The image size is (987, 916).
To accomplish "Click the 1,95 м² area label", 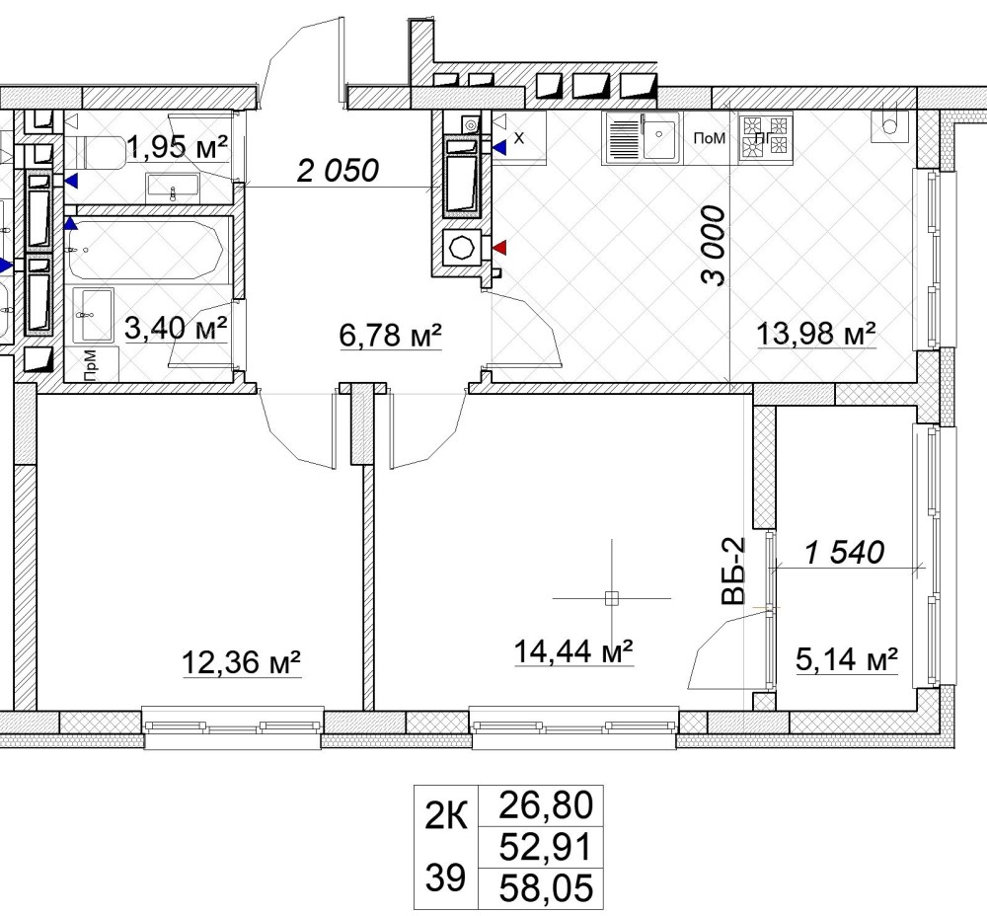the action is click(178, 148).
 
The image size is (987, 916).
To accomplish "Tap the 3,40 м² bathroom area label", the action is click(177, 328).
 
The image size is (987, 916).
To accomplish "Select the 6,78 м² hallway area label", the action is click(390, 335).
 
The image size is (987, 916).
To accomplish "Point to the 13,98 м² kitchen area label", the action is click(816, 333).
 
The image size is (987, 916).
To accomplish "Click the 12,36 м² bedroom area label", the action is click(241, 662).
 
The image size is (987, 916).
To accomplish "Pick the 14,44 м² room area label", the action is click(573, 650).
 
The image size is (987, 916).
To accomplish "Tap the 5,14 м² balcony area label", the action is click(847, 659).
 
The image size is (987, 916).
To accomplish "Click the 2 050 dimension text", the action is click(338, 171).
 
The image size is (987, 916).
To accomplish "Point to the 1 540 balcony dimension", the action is click(845, 553).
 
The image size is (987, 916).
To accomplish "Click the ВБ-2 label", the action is click(733, 572).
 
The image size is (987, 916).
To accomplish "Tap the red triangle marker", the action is click(499, 248).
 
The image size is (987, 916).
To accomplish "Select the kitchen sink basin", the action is click(659, 134).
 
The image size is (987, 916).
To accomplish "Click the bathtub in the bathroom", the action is click(145, 250).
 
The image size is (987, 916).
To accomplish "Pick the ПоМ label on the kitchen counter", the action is click(710, 138).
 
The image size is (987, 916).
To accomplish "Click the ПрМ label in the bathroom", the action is click(91, 366).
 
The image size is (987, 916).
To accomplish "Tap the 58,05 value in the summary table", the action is click(546, 889).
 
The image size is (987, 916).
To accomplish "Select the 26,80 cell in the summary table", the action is click(546, 805).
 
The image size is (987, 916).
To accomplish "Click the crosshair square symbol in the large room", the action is click(611, 599).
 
